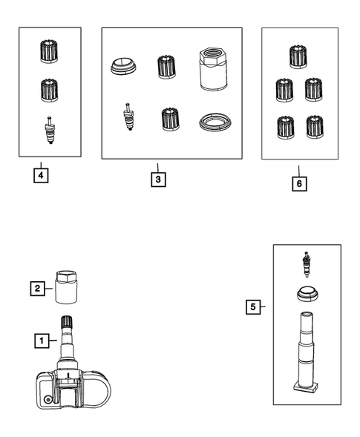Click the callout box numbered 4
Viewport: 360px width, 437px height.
point(41,176)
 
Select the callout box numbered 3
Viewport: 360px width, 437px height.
point(158,180)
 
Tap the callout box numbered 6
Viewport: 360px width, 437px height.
point(299,184)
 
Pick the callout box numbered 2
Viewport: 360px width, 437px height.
point(38,289)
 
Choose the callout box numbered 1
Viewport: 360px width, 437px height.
point(42,341)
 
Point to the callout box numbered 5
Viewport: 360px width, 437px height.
point(253,307)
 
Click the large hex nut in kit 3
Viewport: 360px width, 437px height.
point(213,68)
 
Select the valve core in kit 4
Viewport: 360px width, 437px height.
point(50,130)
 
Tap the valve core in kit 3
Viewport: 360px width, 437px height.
point(128,116)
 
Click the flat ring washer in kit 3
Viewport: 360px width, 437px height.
point(215,122)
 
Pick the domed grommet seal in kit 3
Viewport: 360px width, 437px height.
point(123,67)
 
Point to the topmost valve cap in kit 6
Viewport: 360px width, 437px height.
point(298,57)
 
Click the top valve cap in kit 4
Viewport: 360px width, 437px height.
point(49,51)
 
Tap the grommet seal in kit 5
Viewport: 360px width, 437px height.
point(307,294)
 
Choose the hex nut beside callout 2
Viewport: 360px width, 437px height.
point(66,287)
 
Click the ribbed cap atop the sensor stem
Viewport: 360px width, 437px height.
point(67,322)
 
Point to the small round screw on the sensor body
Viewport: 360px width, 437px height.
point(48,400)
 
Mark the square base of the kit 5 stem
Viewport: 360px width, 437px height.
point(306,388)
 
